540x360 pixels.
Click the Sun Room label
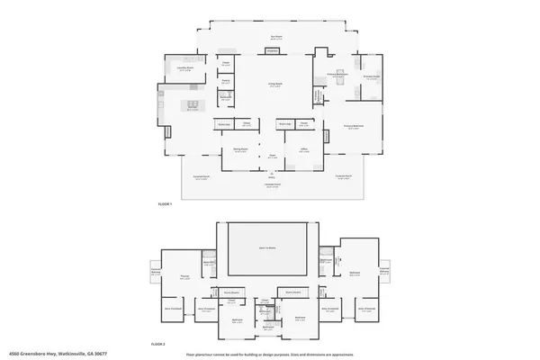click(x=276, y=37)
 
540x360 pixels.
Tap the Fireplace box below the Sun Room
click(x=273, y=51)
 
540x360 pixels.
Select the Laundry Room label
click(x=185, y=68)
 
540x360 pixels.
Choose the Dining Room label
click(x=240, y=150)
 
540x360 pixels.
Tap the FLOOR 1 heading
click(x=165, y=205)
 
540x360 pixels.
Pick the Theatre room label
click(x=184, y=277)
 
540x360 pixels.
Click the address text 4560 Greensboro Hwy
click(x=49, y=354)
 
